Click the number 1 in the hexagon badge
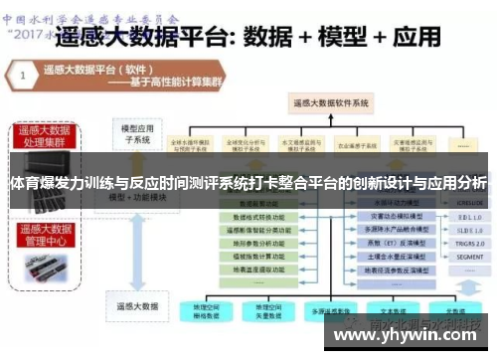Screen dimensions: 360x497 pyautogui.click(x=20, y=74)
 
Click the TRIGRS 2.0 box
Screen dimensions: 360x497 pyautogui.click(x=468, y=242)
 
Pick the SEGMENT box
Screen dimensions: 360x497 pyautogui.click(x=468, y=256)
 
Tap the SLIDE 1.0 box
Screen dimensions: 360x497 pyautogui.click(x=468, y=228)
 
